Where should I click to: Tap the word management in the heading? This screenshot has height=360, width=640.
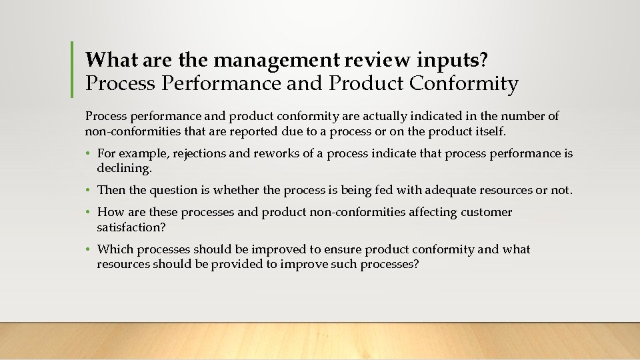tap(278, 60)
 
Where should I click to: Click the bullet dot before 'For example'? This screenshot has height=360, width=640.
tap(89, 154)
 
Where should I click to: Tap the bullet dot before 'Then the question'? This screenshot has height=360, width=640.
tap(89, 191)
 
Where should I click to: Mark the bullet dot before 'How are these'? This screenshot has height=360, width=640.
tap(89, 213)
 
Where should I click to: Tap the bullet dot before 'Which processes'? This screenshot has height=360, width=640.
tap(89, 250)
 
